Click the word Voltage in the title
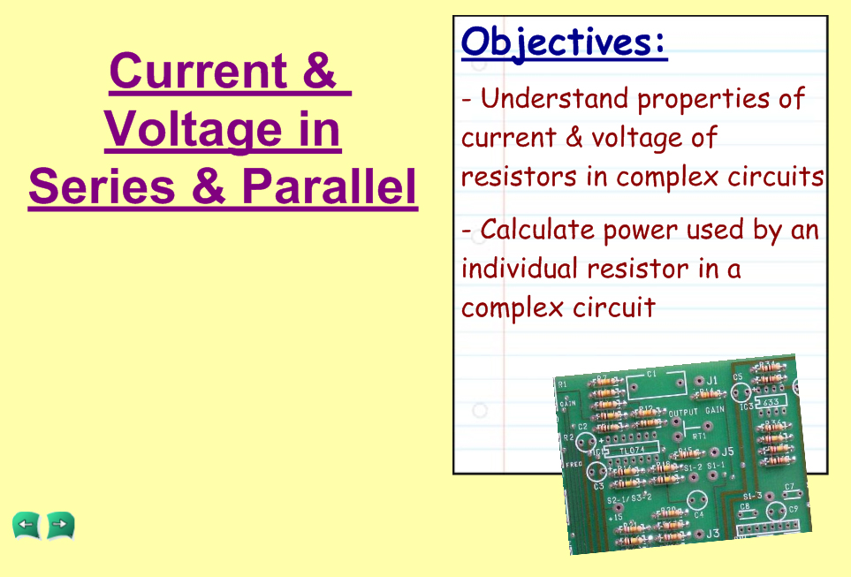point(194,130)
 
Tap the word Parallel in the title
point(330,186)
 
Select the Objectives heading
point(564,43)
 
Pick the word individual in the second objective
point(520,268)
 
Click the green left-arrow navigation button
point(27,526)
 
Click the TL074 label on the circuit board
point(632,450)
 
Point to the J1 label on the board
point(711,380)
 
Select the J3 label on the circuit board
point(712,534)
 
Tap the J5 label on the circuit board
point(728,451)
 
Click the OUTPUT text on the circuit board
point(683,413)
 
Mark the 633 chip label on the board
point(771,402)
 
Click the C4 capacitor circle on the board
point(697,501)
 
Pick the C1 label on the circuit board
point(651,374)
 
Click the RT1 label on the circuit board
point(699,436)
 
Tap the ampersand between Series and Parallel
point(208,186)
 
